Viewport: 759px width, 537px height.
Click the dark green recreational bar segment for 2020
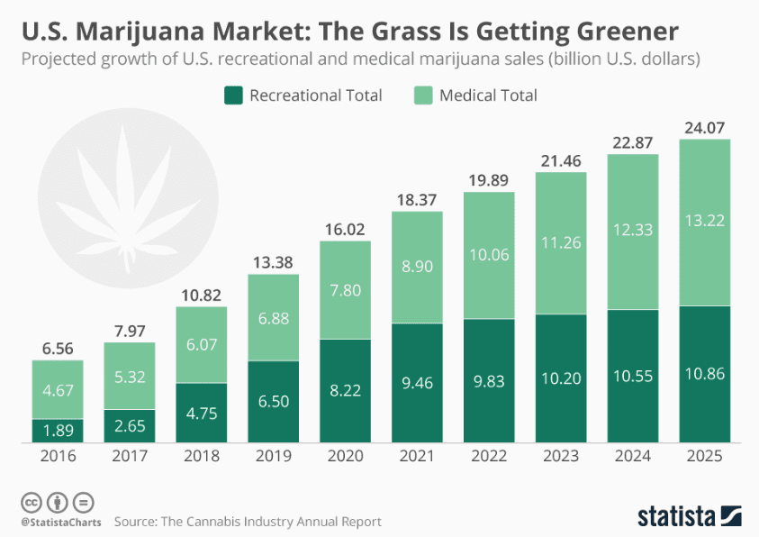click(x=345, y=390)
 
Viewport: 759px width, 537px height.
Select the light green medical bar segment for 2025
click(x=704, y=223)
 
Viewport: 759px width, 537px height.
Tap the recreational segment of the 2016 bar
click(x=58, y=431)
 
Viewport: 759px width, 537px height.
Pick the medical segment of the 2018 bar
click(x=201, y=344)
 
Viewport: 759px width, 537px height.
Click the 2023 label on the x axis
click(x=561, y=458)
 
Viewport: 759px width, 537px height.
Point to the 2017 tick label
click(x=130, y=458)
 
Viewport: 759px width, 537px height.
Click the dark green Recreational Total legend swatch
click(x=232, y=95)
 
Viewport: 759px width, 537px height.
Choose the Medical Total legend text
click(x=488, y=95)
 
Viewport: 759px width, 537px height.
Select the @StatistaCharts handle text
click(x=59, y=522)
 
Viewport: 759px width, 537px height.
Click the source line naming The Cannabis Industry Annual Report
click(x=248, y=522)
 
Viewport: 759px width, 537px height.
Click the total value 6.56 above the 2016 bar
click(x=58, y=346)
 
